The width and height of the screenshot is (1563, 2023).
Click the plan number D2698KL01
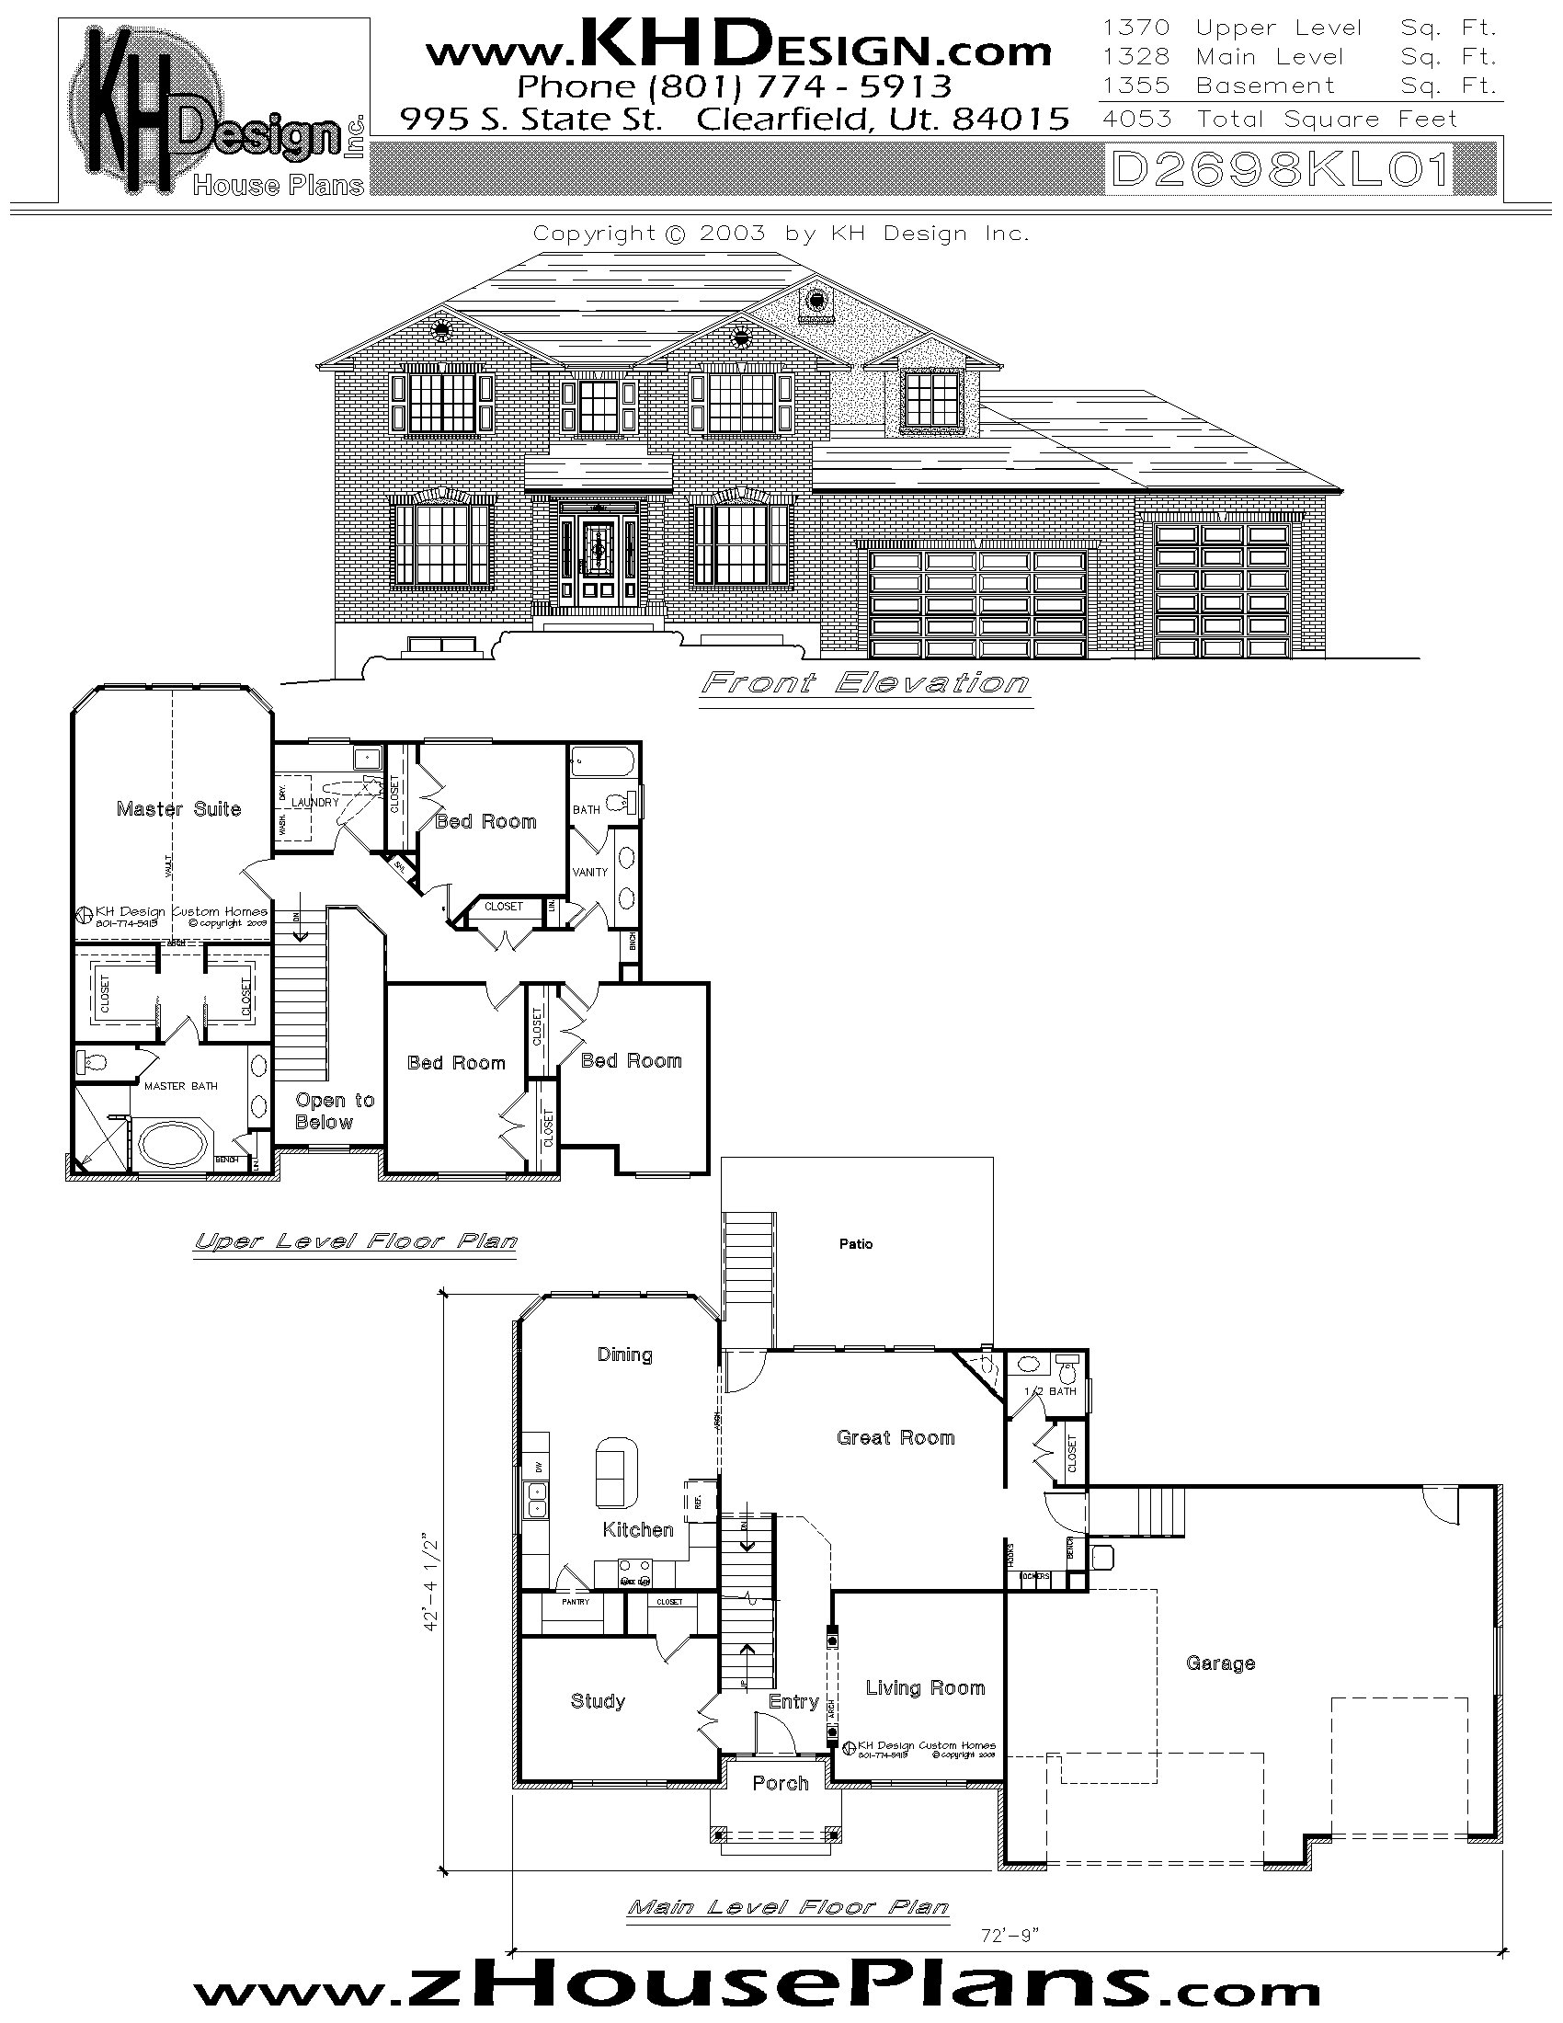[x=1281, y=170]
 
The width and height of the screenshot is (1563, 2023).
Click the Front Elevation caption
[x=865, y=683]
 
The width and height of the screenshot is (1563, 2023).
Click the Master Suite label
[x=178, y=808]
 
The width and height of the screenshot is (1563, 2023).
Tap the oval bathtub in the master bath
[x=174, y=1144]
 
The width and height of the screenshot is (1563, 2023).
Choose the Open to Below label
[x=335, y=1111]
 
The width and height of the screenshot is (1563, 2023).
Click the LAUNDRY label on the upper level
[x=314, y=802]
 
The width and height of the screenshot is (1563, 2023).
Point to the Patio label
[x=856, y=1243]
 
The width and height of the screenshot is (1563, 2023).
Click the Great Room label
[x=896, y=1437]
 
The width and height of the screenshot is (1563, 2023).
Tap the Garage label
[x=1220, y=1663]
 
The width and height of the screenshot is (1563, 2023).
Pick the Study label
[x=598, y=1700]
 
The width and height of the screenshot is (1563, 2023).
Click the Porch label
[x=781, y=1783]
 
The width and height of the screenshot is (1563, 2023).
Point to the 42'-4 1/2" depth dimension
[x=430, y=1583]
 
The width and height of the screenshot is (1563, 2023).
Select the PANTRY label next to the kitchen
[x=575, y=1602]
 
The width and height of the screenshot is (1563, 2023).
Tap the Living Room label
[x=925, y=1687]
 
